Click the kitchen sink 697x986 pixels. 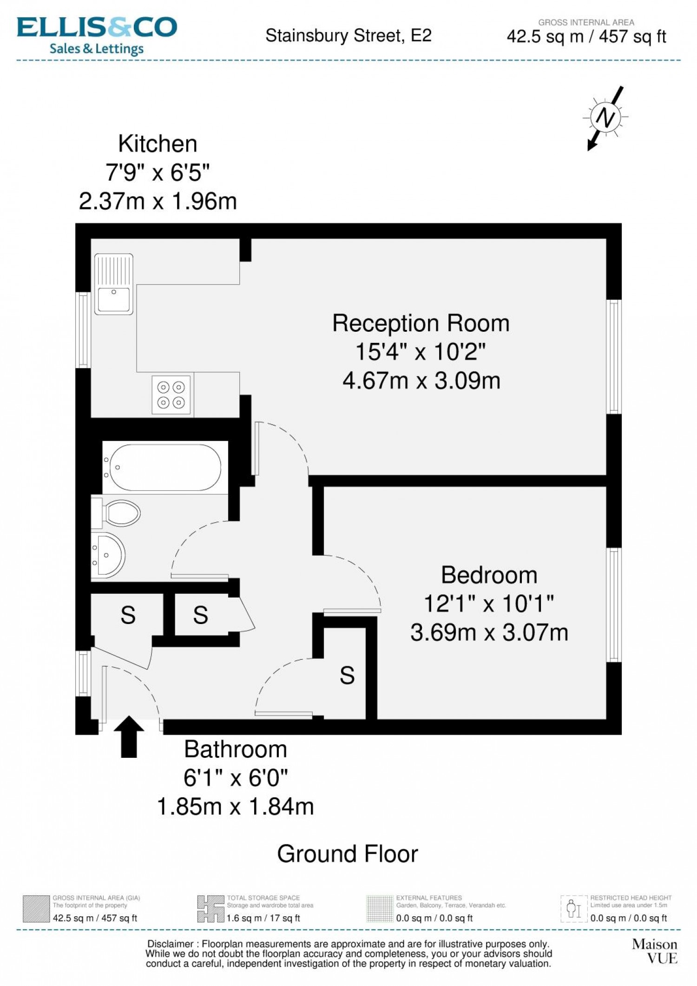pyautogui.click(x=114, y=284)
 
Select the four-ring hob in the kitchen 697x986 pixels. pyautogui.click(x=171, y=394)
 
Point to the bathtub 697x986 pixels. pyautogui.click(x=165, y=467)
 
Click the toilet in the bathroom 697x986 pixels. pyautogui.click(x=116, y=513)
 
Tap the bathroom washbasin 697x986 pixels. pyautogui.click(x=108, y=555)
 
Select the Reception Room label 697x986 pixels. pyautogui.click(x=421, y=323)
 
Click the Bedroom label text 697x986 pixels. pyautogui.click(x=489, y=575)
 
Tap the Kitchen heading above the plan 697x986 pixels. pyautogui.click(x=158, y=144)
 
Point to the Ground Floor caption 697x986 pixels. pyautogui.click(x=348, y=854)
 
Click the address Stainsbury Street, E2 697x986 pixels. pyautogui.click(x=348, y=36)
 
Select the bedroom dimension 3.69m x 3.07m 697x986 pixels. pyautogui.click(x=489, y=633)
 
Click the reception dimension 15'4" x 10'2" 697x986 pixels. pyautogui.click(x=421, y=352)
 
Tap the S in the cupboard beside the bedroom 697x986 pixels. pyautogui.click(x=347, y=676)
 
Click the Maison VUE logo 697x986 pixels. pyautogui.click(x=655, y=951)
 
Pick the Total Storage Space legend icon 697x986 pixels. pyautogui.click(x=210, y=909)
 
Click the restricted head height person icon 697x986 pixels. pyautogui.click(x=574, y=909)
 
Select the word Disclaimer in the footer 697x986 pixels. pyautogui.click(x=170, y=944)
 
